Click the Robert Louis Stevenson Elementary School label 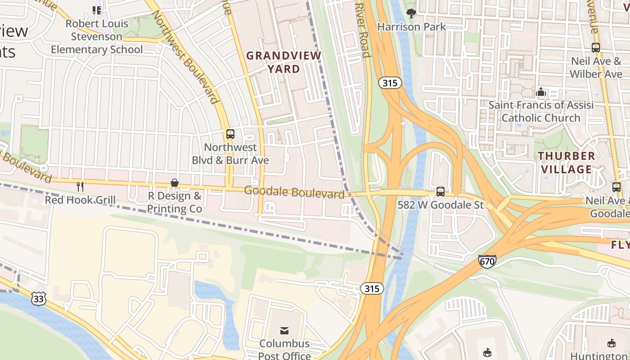(x=97, y=36)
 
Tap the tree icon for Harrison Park (x=411, y=13)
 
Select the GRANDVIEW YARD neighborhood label (x=284, y=62)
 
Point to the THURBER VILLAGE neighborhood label (x=567, y=162)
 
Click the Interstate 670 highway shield (x=487, y=261)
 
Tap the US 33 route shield (x=39, y=298)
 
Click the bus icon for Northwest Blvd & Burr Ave (x=230, y=134)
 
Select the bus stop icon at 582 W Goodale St (x=440, y=192)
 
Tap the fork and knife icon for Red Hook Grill (x=80, y=186)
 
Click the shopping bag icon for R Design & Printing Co (x=174, y=183)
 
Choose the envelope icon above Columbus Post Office (x=284, y=331)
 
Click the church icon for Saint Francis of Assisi (x=541, y=92)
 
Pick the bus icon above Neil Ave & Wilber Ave (x=595, y=48)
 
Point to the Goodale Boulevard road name (x=294, y=193)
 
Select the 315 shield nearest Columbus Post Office (x=372, y=288)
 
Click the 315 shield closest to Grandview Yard (x=390, y=83)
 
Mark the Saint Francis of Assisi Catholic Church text (x=541, y=112)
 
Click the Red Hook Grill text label (x=80, y=200)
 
